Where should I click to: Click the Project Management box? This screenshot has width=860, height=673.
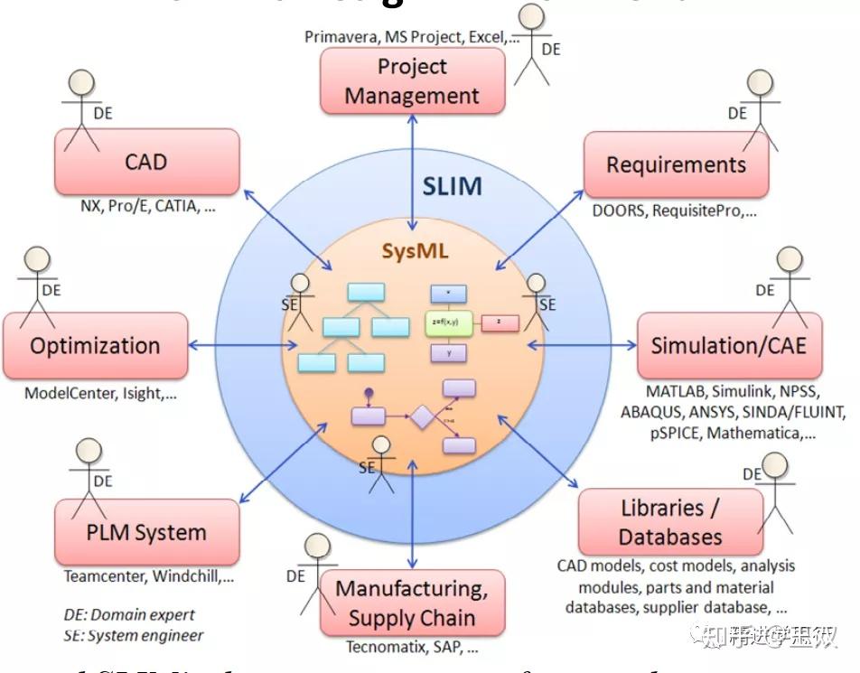click(412, 80)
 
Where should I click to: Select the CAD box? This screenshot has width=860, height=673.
click(146, 162)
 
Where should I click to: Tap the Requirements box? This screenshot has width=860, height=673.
click(676, 164)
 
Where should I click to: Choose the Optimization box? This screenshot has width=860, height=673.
click(95, 345)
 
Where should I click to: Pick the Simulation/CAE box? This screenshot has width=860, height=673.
click(729, 345)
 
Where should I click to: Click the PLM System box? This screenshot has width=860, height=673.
click(146, 532)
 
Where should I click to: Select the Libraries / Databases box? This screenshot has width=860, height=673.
click(669, 522)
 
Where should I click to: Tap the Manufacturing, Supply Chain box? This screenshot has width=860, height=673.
click(412, 603)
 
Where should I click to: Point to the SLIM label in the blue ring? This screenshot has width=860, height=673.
click(452, 186)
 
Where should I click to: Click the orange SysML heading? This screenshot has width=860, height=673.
click(415, 252)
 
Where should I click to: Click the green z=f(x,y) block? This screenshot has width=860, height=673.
click(449, 322)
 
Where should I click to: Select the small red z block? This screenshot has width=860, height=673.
click(500, 322)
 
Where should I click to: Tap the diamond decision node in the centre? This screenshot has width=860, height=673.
click(421, 417)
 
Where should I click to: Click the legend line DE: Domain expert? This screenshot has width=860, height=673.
click(129, 614)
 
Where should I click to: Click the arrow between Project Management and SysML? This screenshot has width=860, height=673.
click(413, 172)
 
